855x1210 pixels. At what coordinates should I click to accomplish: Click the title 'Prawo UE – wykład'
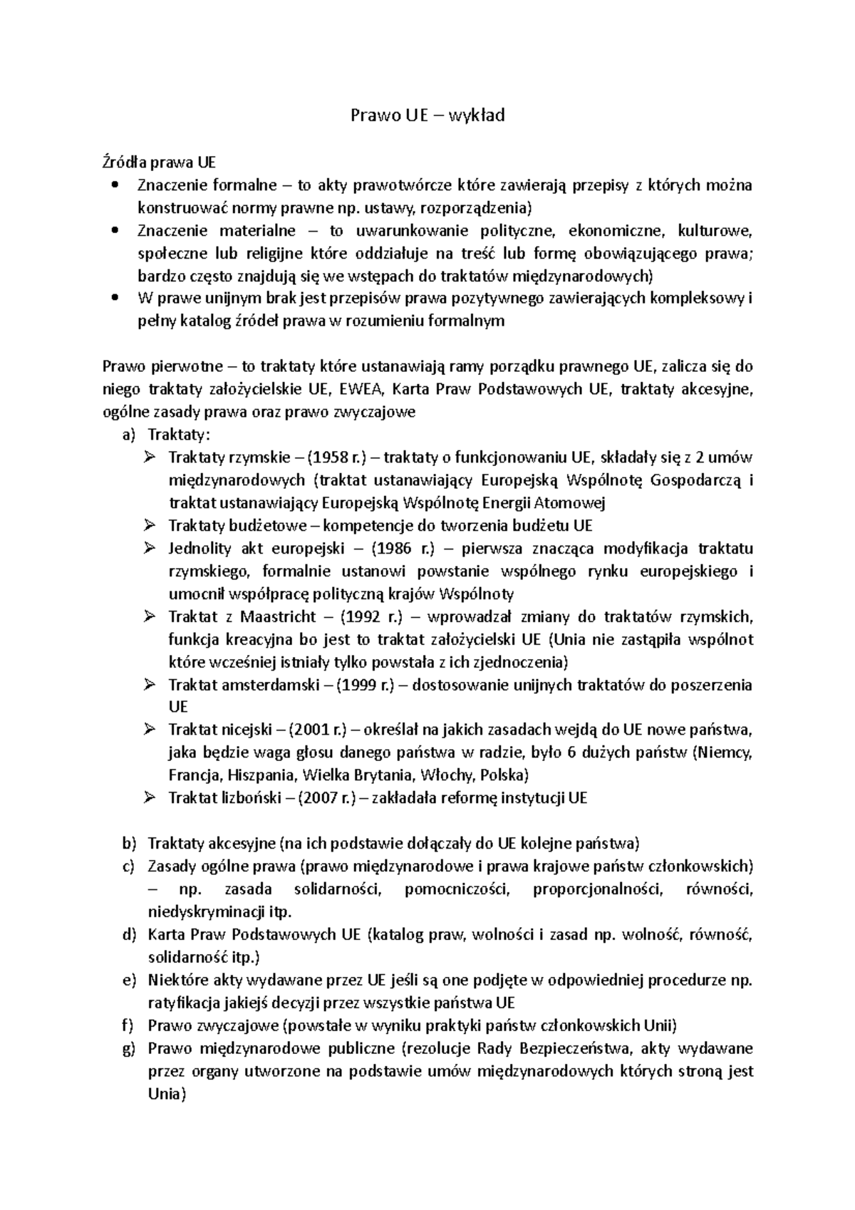(x=427, y=115)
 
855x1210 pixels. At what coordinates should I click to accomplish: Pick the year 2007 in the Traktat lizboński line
(x=322, y=798)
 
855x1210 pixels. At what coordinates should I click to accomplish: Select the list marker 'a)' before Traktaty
(x=129, y=435)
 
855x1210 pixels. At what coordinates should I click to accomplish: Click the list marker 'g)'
(x=129, y=1048)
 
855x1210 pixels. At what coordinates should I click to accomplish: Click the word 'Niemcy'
(x=725, y=753)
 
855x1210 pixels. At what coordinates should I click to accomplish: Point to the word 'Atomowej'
(x=574, y=503)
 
